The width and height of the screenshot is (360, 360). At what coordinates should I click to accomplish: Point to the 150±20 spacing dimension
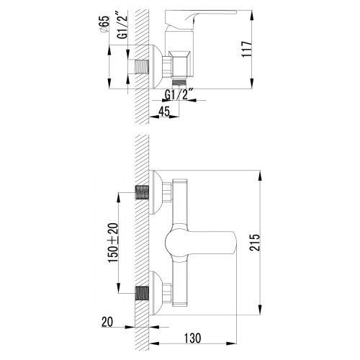point(113,243)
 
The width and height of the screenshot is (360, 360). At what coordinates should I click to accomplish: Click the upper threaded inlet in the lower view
point(143,193)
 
